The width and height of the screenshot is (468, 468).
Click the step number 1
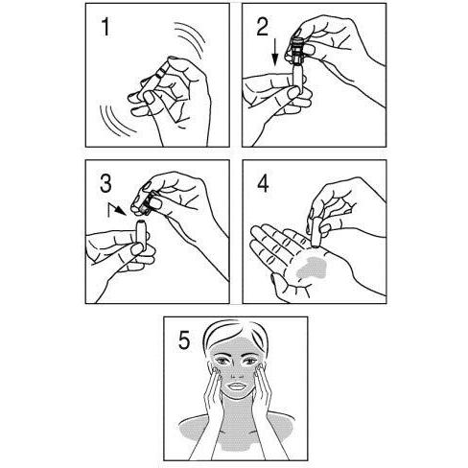(105, 27)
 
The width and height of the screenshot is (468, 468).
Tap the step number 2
(263, 26)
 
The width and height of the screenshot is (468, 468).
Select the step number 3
(105, 183)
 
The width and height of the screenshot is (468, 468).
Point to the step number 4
(263, 183)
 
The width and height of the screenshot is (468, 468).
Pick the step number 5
(184, 340)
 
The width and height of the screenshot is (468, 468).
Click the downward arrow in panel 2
(274, 54)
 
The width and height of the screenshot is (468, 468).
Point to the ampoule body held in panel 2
(297, 80)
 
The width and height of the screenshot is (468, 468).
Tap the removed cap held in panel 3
(147, 203)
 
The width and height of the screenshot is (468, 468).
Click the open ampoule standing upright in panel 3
(141, 235)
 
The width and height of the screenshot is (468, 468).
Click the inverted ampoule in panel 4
(316, 232)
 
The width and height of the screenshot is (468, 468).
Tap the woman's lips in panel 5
(237, 386)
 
